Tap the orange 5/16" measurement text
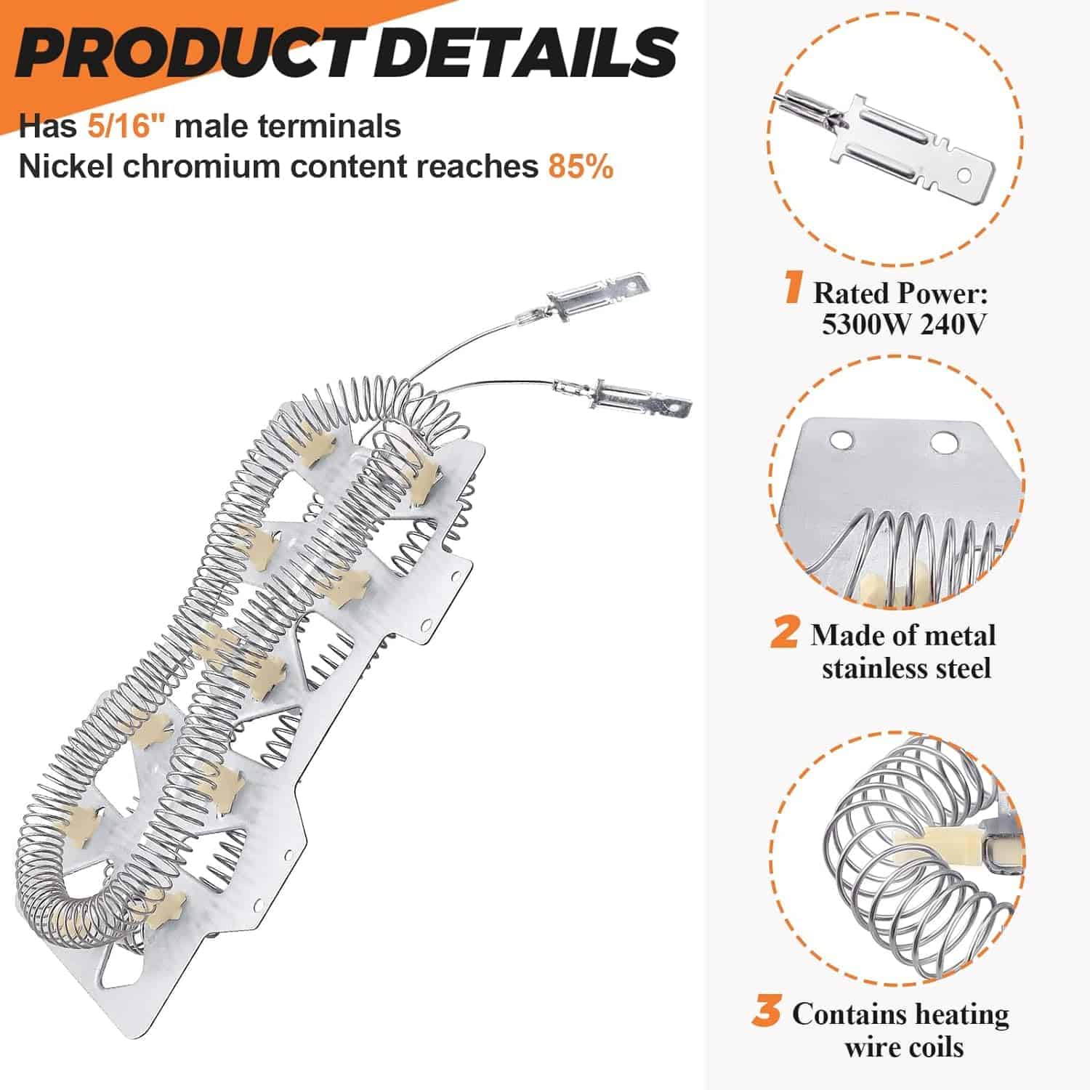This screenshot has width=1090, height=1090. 126,126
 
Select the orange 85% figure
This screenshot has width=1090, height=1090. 581,166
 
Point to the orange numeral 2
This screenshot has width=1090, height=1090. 785,632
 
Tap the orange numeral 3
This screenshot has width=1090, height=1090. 767,1012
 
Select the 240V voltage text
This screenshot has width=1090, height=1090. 953,323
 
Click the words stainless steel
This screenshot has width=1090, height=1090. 906,668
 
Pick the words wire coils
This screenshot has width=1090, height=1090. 904,1047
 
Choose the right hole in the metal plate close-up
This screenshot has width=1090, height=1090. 942,440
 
